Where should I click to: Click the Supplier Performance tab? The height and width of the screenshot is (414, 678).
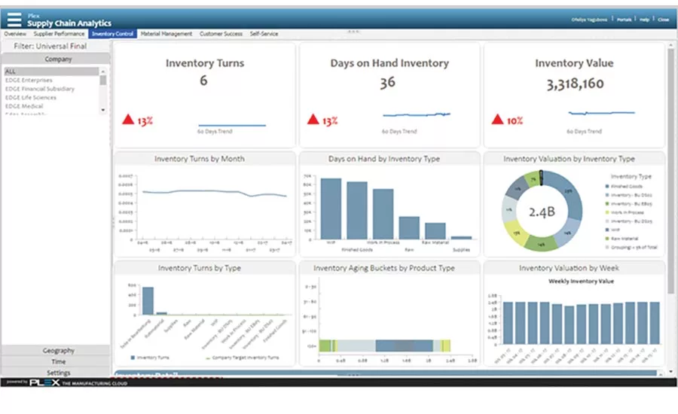pos(59,34)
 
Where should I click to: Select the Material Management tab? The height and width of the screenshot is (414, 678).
pos(166,34)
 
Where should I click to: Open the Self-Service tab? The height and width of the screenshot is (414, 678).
pos(265,34)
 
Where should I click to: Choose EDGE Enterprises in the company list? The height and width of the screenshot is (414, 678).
pos(29,80)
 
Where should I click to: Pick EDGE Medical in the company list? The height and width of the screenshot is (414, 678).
pos(24,106)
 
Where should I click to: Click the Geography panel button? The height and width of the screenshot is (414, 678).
pos(58,350)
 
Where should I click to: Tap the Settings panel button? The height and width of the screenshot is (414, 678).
pos(58,373)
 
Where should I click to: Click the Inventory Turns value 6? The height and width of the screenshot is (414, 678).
pos(203,81)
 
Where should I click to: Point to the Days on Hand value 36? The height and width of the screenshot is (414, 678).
pos(387,83)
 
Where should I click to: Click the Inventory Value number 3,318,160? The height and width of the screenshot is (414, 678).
pos(575,84)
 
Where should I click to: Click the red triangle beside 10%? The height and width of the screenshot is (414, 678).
pos(496,119)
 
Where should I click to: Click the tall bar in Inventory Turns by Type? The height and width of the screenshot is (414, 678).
pos(148,300)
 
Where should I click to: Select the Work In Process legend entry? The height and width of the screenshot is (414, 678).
pos(632,212)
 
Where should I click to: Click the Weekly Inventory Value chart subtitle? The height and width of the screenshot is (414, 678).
pos(580,281)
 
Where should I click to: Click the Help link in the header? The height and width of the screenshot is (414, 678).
pos(645,20)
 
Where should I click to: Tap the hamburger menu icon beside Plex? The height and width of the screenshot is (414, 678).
pos(15,19)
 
